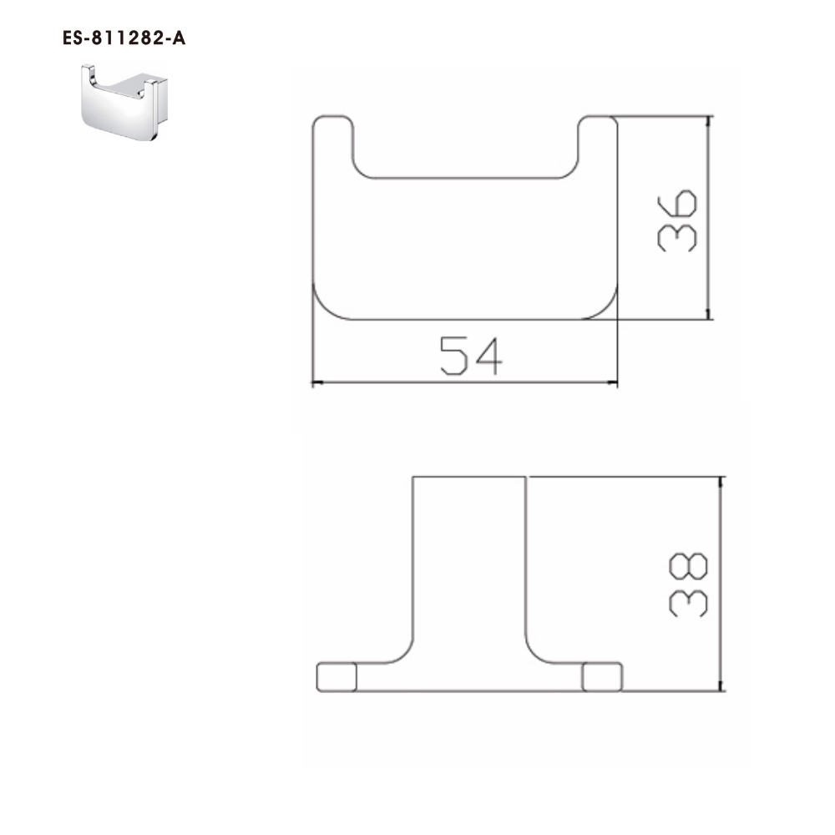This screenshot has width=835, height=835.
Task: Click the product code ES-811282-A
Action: tap(124, 38)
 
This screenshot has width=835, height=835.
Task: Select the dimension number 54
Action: tap(471, 355)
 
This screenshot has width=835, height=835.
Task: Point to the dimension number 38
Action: tap(689, 584)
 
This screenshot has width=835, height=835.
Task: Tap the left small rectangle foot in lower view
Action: tap(337, 677)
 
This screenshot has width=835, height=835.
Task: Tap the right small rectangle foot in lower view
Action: tap(602, 677)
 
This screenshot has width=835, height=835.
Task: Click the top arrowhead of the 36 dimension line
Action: tap(709, 122)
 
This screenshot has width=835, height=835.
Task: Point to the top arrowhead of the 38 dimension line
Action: tap(720, 483)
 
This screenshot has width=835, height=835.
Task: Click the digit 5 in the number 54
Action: tap(455, 355)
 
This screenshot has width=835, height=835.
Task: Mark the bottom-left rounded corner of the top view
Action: tap(321, 307)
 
